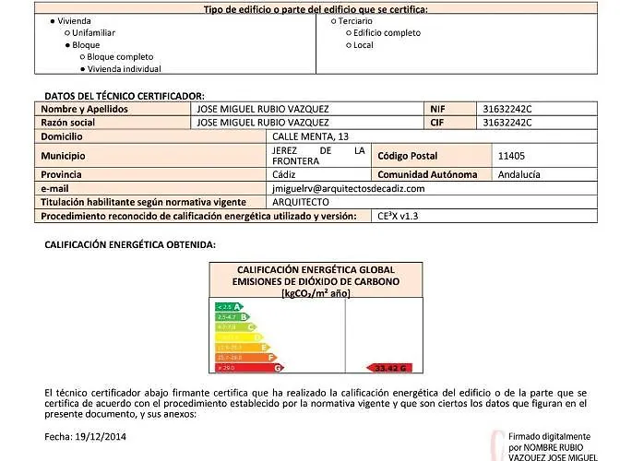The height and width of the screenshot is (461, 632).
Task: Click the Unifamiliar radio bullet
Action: (67, 32)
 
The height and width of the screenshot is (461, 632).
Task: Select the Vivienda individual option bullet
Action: (83, 68)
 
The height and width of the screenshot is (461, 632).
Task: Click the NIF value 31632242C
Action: (507, 109)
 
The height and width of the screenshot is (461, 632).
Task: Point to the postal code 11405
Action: (510, 156)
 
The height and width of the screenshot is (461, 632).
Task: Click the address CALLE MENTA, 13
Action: (309, 136)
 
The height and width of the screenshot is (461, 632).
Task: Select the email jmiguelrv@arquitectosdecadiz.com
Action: (349, 188)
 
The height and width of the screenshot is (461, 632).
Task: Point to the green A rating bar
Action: (228, 306)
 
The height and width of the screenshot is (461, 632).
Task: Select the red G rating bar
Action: (249, 367)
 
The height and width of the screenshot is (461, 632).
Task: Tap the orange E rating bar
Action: (241, 347)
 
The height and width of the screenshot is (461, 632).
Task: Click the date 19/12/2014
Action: (104, 436)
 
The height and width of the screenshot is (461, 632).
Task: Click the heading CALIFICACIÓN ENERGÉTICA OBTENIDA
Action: (130, 244)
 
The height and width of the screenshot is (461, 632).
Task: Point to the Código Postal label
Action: (407, 156)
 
